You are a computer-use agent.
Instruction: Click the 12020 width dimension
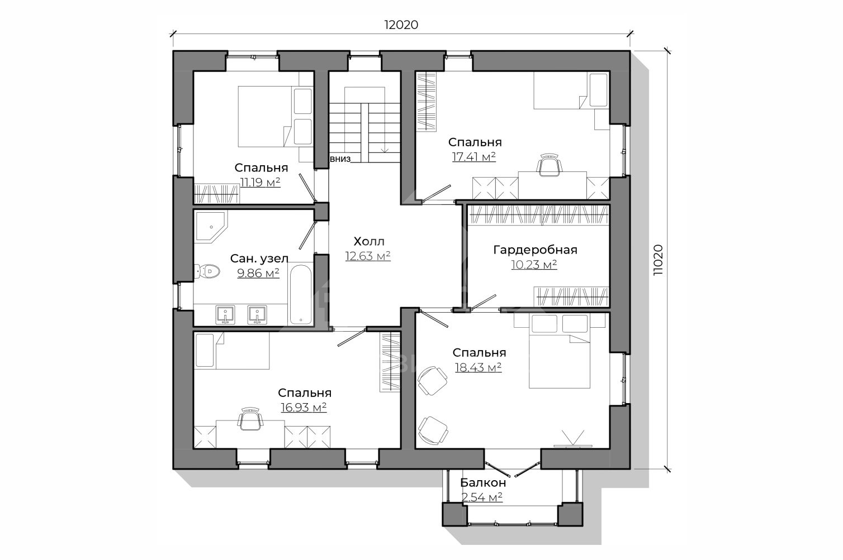(x=401, y=25)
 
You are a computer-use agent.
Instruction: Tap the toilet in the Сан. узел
(x=207, y=271)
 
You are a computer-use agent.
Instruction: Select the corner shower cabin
(x=211, y=227)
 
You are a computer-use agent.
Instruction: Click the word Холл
(x=369, y=241)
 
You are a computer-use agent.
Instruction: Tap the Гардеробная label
(x=535, y=250)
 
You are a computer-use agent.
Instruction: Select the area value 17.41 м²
(x=474, y=157)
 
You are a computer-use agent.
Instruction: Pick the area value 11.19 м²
(x=261, y=182)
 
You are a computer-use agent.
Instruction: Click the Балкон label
(x=483, y=482)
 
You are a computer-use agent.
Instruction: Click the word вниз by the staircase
(x=340, y=159)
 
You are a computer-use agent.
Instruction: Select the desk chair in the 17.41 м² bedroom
(x=550, y=165)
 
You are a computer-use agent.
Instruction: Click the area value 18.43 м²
(x=479, y=367)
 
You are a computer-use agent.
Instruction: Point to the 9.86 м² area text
(x=258, y=273)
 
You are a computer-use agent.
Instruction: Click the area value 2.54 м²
(x=482, y=497)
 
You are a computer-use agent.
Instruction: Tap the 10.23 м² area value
(x=534, y=265)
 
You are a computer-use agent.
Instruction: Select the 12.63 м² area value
(x=368, y=256)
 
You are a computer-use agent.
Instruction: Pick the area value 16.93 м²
(x=304, y=408)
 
